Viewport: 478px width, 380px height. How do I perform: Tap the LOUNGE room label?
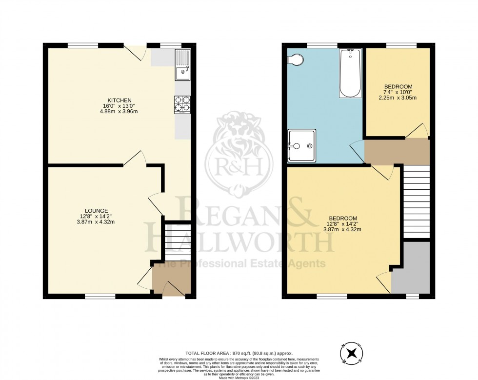pyautogui.click(x=99, y=210)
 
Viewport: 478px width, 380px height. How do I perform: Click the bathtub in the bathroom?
pyautogui.click(x=350, y=73)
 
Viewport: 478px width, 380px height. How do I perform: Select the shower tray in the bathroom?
pyautogui.click(x=301, y=145)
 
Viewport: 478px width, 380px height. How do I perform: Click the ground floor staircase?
pyautogui.click(x=178, y=241)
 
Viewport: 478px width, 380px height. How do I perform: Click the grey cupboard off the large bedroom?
pyautogui.click(x=413, y=271)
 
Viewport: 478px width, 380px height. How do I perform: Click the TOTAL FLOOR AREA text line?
pyautogui.click(x=239, y=353)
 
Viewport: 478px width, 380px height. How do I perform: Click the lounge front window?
pyautogui.click(x=100, y=296)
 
